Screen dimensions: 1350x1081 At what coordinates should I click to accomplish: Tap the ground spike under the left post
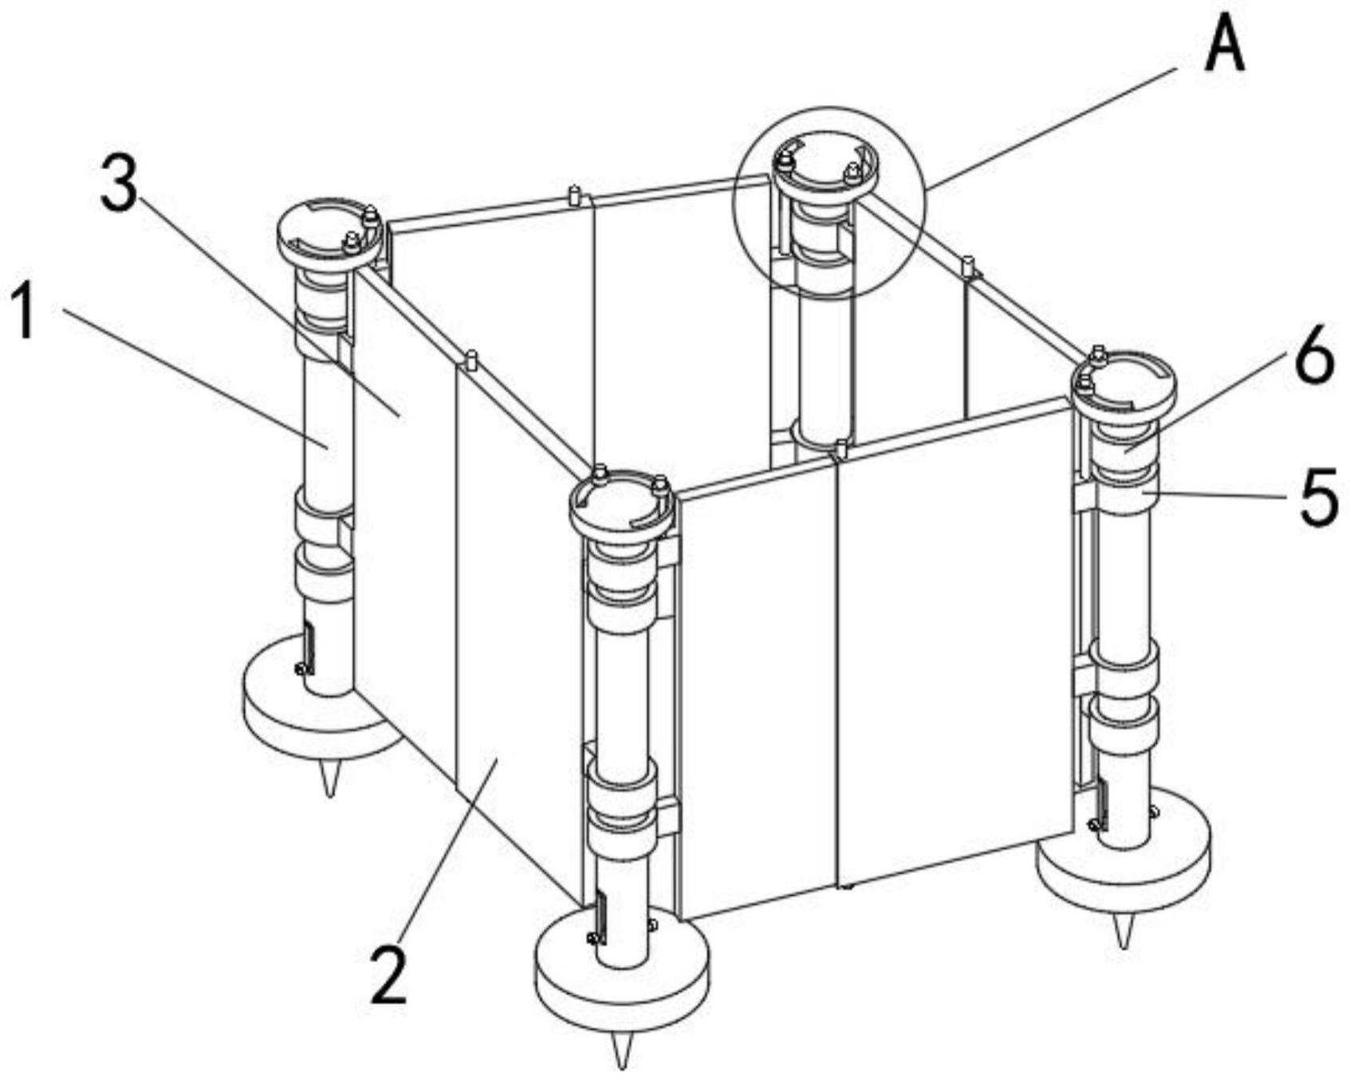[x=329, y=777]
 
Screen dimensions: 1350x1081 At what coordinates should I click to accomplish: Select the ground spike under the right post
[x=1124, y=930]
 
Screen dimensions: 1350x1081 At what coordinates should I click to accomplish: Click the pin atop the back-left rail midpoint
[x=573, y=195]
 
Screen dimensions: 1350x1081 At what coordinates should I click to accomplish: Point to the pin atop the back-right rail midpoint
[x=967, y=266]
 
